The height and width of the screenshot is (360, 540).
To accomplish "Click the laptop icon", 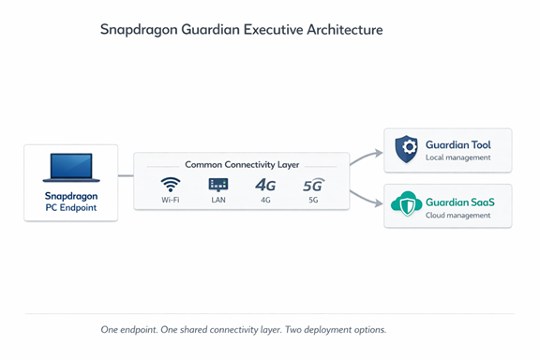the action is (71, 168).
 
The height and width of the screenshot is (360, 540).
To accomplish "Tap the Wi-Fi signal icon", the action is (171, 185).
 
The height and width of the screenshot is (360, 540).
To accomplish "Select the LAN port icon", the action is (218, 185).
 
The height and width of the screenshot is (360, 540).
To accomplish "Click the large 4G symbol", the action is (265, 186).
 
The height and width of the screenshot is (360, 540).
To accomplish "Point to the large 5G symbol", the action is (313, 185).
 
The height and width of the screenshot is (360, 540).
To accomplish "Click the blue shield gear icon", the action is (406, 148).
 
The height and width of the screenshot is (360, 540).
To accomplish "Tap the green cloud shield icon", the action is (406, 203).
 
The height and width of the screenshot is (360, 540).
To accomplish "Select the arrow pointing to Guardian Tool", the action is (366, 157).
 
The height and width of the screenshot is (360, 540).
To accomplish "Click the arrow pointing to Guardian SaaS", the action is (366, 199).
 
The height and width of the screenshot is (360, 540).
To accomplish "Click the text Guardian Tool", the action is (458, 144).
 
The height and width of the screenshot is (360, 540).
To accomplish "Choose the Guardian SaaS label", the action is (460, 202).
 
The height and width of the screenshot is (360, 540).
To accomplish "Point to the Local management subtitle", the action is (458, 157).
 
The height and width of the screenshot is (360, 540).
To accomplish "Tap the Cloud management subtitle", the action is (458, 216).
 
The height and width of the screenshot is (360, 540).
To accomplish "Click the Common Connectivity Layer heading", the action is (242, 165).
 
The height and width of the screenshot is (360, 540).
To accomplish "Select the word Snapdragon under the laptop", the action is (71, 196).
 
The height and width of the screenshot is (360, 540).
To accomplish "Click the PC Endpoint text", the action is (71, 207).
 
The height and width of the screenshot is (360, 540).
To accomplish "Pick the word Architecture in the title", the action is (345, 30).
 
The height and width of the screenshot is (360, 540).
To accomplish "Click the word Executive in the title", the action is (274, 30).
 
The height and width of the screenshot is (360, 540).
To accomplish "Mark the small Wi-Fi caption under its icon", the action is (171, 200).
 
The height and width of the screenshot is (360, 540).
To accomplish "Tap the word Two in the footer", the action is (293, 330).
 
